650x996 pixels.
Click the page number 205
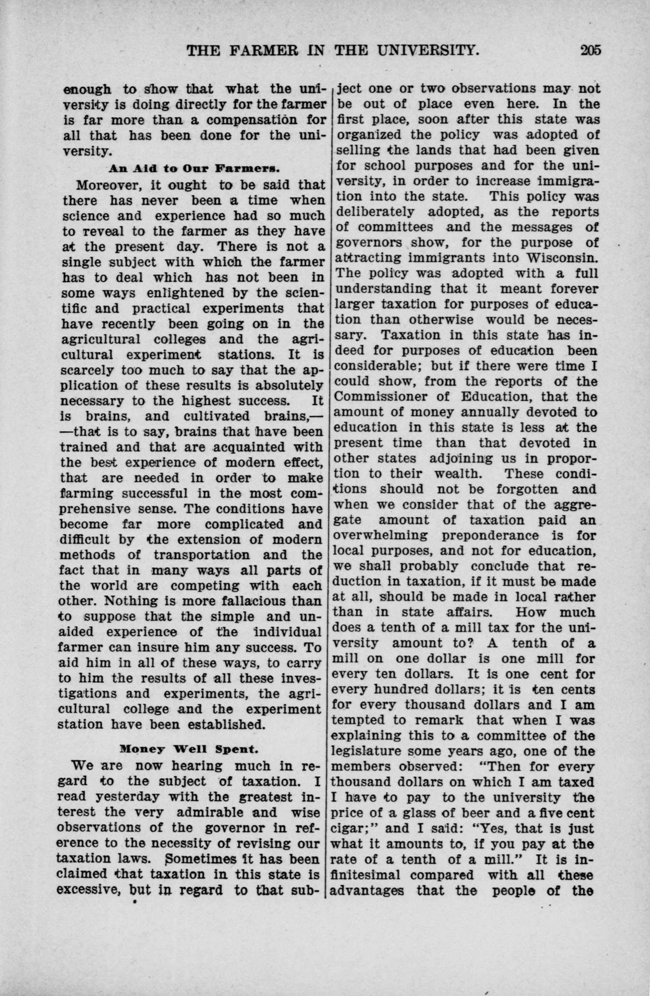pyautogui.click(x=590, y=51)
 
